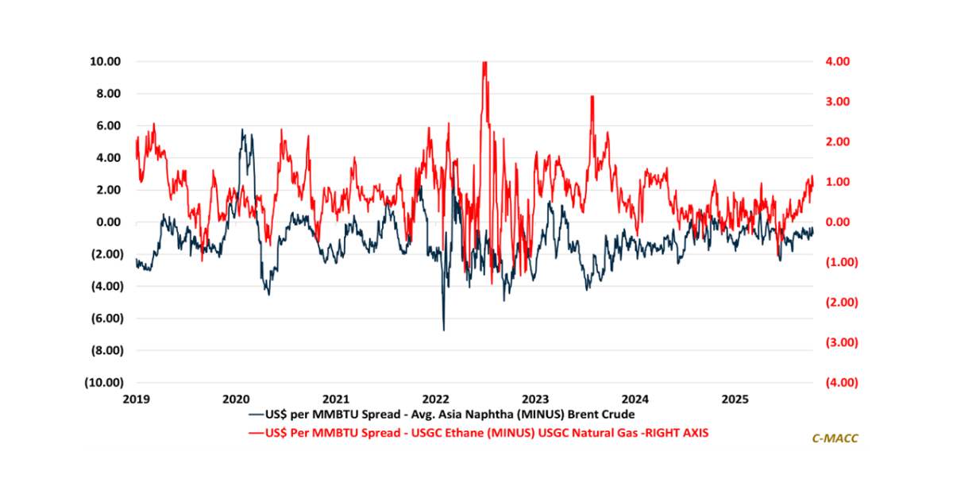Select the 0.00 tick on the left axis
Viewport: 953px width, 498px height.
[x=106, y=222]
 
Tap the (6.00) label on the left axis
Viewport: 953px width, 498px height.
[x=104, y=318]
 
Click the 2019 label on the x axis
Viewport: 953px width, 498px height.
[x=137, y=397]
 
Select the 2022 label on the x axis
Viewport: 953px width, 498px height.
[x=438, y=397]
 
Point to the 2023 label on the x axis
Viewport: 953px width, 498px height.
[x=538, y=397]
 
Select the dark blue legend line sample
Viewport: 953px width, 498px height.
[x=256, y=414]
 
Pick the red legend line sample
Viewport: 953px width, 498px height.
[x=256, y=432]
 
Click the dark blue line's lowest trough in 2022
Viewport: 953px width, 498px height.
[x=443, y=329]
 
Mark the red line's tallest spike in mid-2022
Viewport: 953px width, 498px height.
[x=484, y=64]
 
